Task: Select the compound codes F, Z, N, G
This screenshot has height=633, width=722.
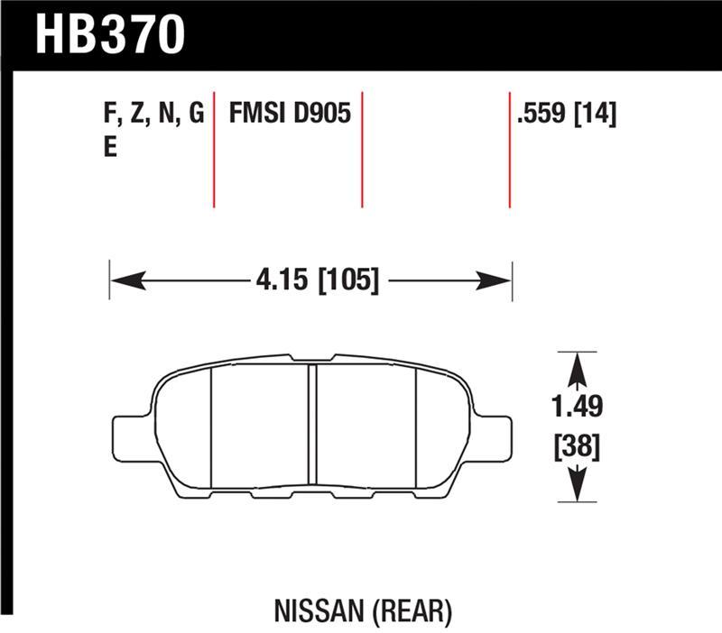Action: pyautogui.click(x=153, y=115)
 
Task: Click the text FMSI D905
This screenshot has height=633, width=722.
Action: pyautogui.click(x=290, y=115)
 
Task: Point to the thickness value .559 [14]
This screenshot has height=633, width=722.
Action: pyautogui.click(x=566, y=115)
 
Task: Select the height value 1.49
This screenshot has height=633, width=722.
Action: pyautogui.click(x=579, y=408)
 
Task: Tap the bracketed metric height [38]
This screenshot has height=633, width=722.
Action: pyautogui.click(x=579, y=446)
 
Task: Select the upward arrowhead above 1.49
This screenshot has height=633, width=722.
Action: pyautogui.click(x=579, y=365)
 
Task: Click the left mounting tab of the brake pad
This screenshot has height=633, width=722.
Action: pyautogui.click(x=127, y=437)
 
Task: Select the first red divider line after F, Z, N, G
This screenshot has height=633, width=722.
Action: pyautogui.click(x=214, y=149)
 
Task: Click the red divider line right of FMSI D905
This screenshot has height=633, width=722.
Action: pyautogui.click(x=362, y=149)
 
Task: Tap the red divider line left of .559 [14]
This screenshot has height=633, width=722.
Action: pyautogui.click(x=510, y=149)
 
